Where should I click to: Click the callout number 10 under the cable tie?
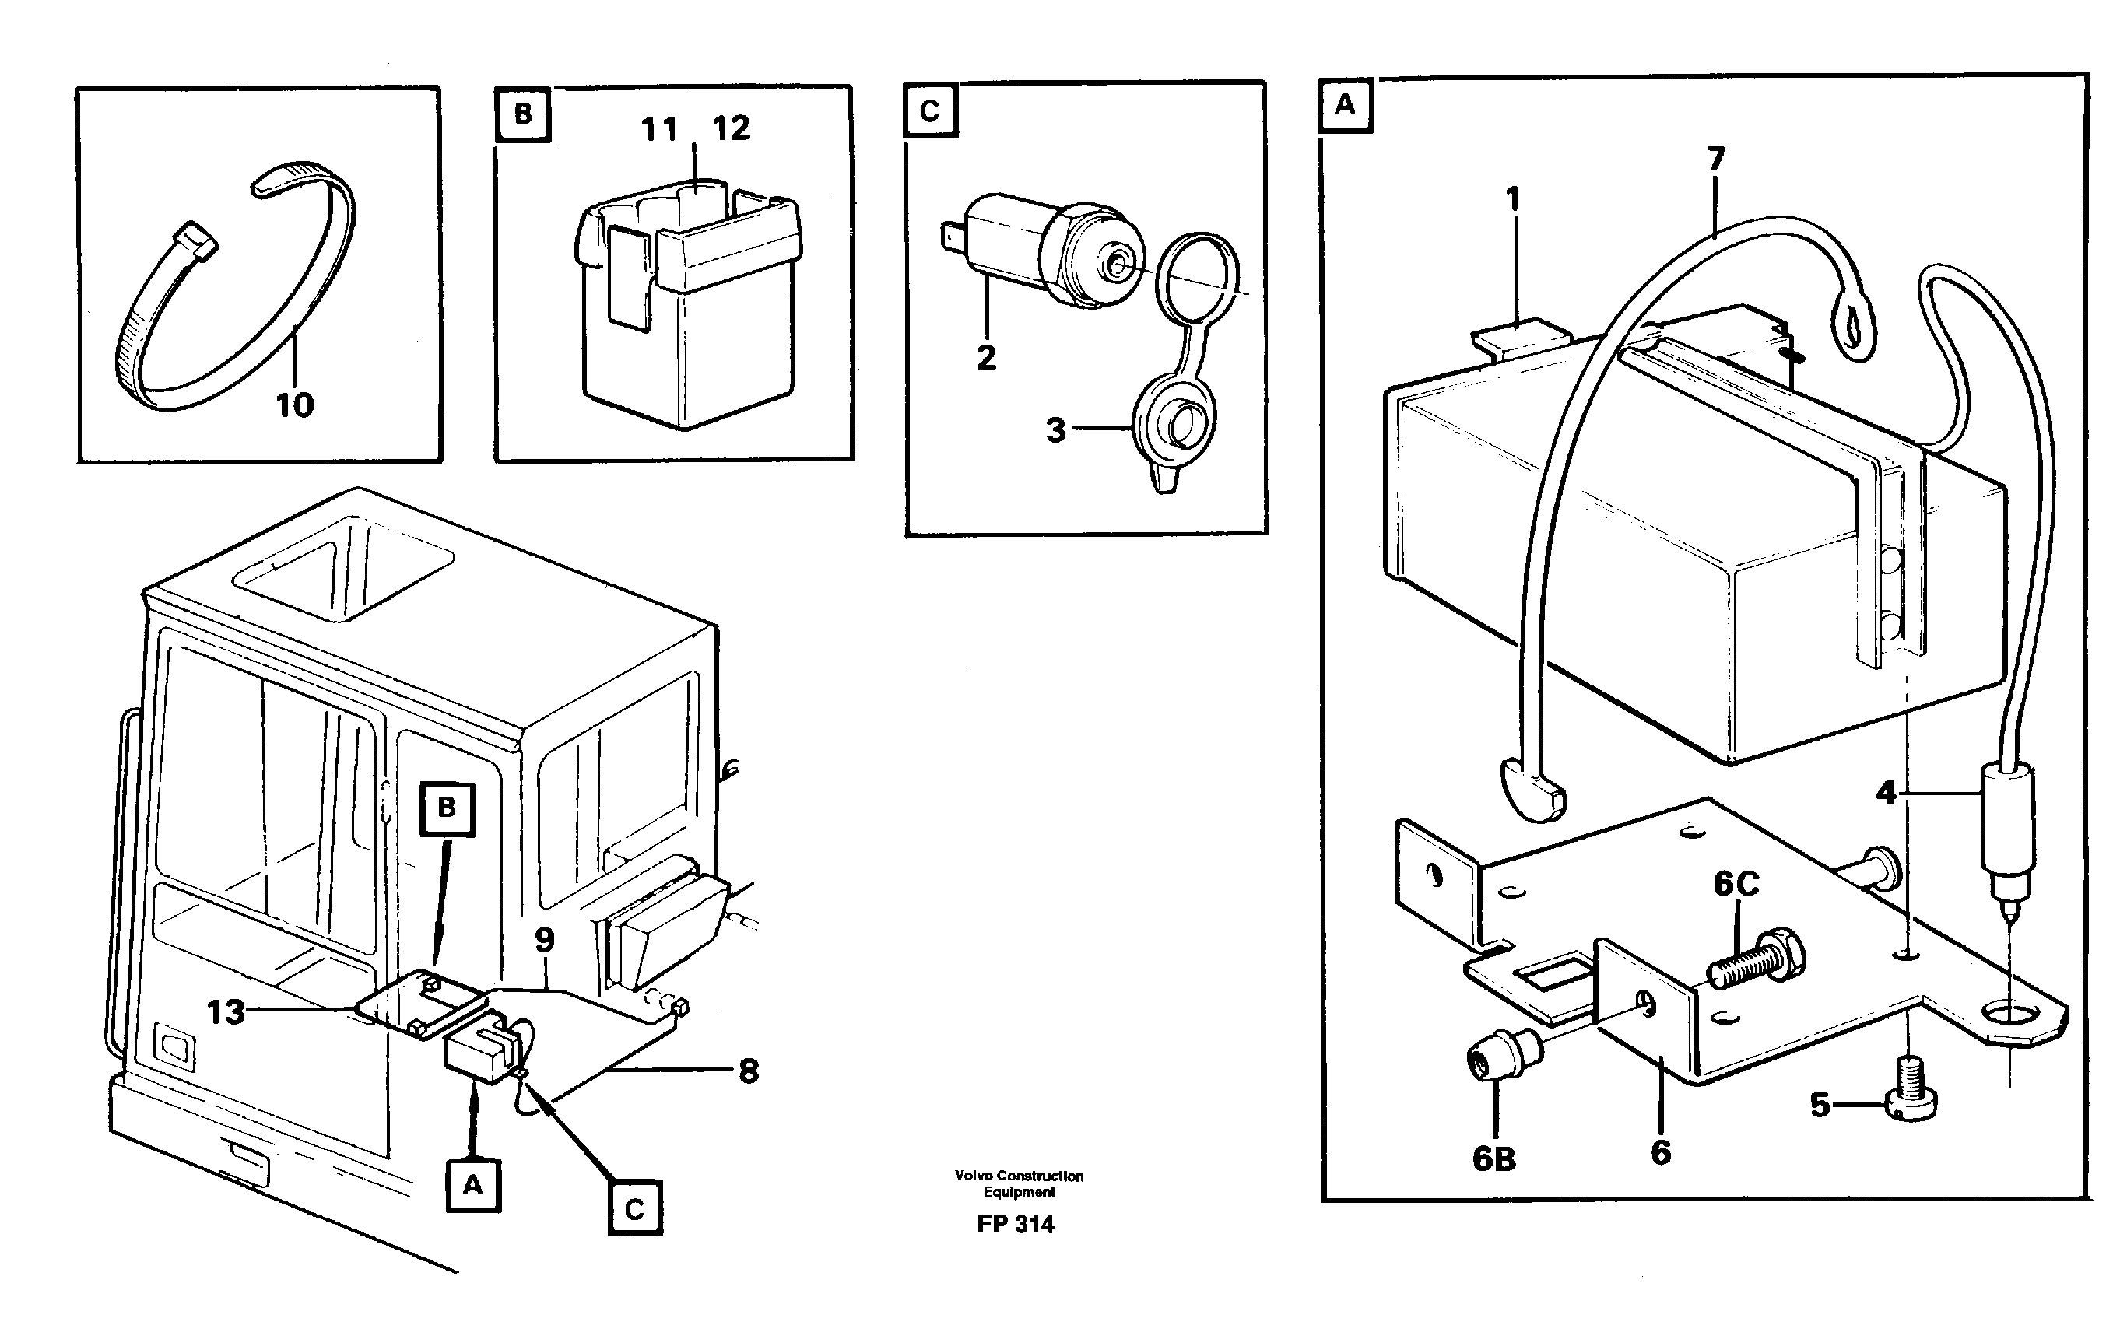294,405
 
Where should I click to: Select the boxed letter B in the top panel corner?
522,114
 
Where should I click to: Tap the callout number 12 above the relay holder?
731,129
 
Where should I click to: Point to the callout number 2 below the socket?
986,358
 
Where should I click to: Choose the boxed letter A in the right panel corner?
1344,105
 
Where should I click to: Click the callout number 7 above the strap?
1715,159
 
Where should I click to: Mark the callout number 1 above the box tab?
1513,200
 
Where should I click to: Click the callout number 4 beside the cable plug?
1886,794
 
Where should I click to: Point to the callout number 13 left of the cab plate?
225,1012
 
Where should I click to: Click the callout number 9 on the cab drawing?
544,941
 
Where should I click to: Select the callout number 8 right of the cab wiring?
749,1071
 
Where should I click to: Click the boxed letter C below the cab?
634,1209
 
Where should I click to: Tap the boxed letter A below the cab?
472,1186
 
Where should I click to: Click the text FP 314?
1015,1224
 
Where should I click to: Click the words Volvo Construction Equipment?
1019,1183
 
